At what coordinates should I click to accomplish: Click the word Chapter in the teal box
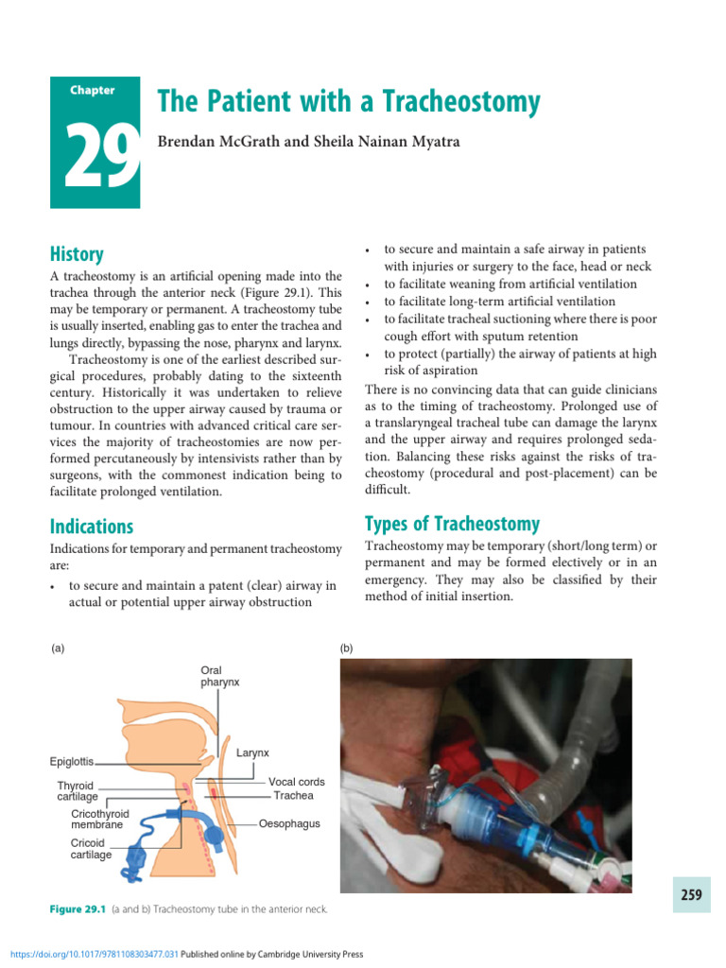pos(93,91)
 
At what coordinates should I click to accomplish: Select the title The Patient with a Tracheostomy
pos(348,102)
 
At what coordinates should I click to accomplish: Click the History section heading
pos(77,254)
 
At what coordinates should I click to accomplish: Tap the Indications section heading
pos(92,527)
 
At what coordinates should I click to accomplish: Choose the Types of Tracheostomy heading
pos(452,524)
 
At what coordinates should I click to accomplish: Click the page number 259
pos(691,894)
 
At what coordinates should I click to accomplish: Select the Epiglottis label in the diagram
pos(72,761)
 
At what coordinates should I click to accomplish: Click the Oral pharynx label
pos(218,677)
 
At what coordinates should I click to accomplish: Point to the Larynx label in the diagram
pos(252,752)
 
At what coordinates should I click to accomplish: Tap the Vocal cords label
pos(296,782)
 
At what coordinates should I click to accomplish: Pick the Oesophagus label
pos(290,823)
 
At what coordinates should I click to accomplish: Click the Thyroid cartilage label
pos(76,791)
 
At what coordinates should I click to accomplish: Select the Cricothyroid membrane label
pos(100,819)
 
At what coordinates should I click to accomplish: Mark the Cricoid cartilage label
pos(91,849)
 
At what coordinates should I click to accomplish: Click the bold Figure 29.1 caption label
pos(78,909)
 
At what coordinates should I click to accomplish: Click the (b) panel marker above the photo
pos(346,648)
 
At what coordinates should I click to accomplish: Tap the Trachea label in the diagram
pos(293,796)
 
